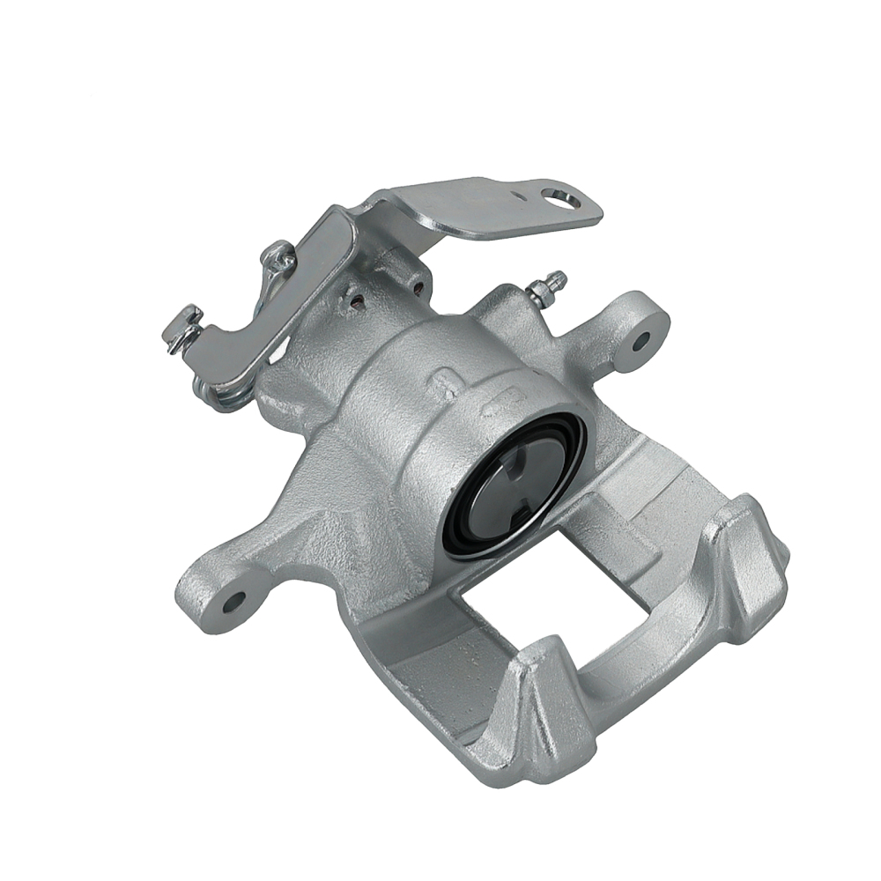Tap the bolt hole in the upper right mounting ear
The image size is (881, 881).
(640, 338)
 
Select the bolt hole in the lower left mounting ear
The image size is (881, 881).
(234, 602)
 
